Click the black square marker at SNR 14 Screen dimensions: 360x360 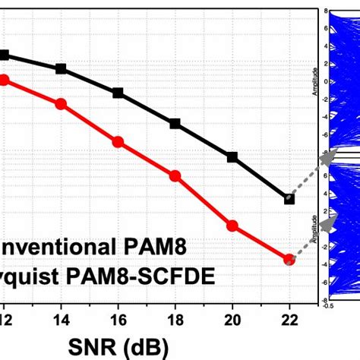pos(62,69)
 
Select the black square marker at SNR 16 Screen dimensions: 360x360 pos(118,93)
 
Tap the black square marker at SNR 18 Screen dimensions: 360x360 pos(175,123)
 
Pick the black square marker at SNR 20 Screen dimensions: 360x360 pos(232,157)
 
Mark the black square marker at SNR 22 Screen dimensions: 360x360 pos(289,199)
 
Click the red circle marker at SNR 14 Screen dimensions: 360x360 pos(62,104)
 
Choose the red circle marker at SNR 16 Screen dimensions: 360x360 pos(118,141)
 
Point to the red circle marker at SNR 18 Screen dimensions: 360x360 pos(175,175)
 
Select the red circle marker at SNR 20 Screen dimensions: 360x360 pos(232,225)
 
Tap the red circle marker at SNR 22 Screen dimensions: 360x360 pos(289,259)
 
